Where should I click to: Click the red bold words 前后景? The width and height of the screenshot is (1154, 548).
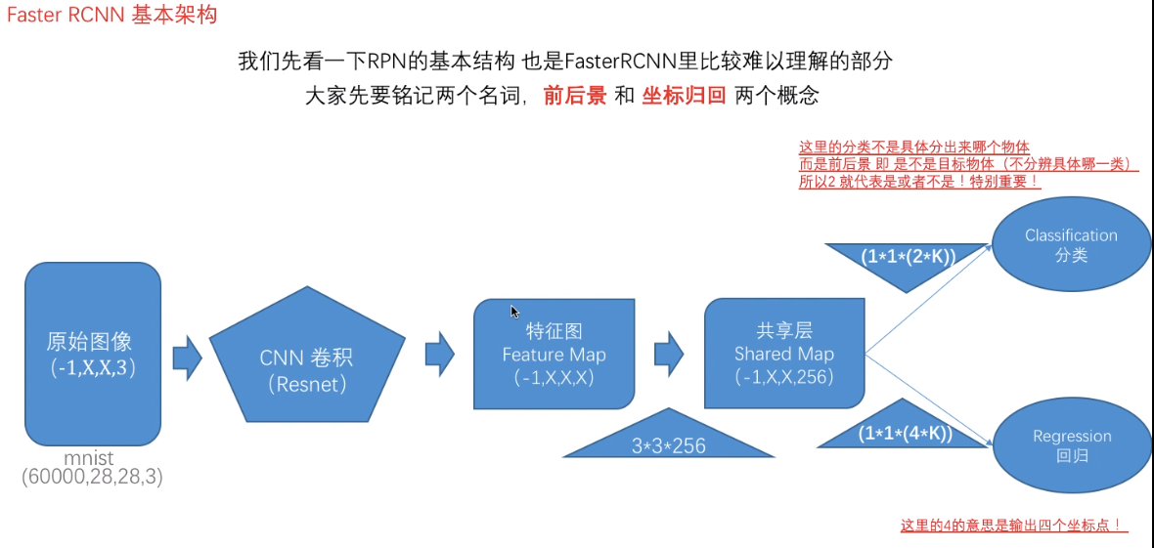tap(575, 96)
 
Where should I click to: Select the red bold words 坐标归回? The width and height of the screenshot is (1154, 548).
tap(684, 96)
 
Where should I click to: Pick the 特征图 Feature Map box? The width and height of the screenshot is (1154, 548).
tap(554, 354)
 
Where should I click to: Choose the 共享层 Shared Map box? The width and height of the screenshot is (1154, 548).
tap(784, 354)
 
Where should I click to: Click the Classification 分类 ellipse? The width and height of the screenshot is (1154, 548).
tap(1071, 245)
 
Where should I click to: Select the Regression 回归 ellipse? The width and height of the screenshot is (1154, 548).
tap(1072, 445)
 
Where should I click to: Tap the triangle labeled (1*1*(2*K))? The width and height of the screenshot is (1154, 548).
tap(908, 259)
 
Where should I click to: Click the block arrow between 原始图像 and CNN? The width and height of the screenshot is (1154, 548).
tap(187, 357)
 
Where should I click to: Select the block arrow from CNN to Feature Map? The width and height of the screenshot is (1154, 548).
tap(439, 353)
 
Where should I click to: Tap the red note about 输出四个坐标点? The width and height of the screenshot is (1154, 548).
tap(1013, 526)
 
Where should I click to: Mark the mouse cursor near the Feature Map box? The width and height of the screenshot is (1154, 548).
tap(514, 311)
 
